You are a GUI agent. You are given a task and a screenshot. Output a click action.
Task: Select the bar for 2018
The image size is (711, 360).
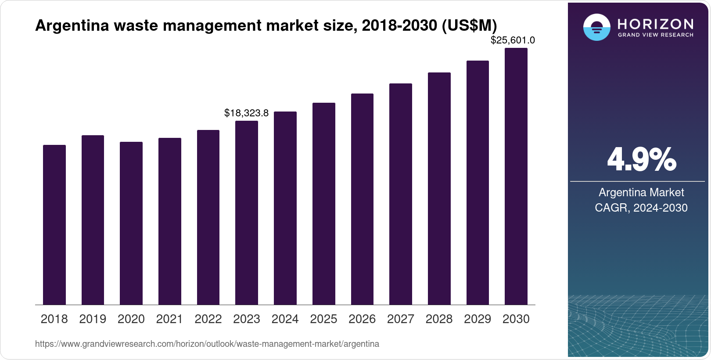pos(54,225)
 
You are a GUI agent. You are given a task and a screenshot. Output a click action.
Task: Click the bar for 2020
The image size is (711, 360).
pos(131,223)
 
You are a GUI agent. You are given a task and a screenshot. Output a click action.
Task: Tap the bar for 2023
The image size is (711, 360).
pos(247,212)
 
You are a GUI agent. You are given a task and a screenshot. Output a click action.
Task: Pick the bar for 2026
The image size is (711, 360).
pos(362,199)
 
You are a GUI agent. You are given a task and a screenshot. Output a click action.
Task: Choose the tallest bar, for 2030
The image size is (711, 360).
pos(516,176)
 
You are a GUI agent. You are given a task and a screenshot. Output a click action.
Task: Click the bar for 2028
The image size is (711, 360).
pos(439,188)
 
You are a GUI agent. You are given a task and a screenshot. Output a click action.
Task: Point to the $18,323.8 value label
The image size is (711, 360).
pos(246,113)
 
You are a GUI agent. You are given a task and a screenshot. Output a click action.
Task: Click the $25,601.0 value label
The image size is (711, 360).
pos(513,40)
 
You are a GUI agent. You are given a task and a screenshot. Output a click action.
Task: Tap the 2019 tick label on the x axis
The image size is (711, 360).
pos(93,319)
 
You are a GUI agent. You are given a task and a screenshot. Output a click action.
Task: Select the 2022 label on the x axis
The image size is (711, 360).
pos(208,319)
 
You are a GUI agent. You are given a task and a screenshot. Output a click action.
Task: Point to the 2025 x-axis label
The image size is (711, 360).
pos(323,319)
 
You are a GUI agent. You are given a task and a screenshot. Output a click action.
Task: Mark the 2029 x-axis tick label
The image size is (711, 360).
pos(478,319)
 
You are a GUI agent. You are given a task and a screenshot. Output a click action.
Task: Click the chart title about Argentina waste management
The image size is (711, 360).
pos(266,25)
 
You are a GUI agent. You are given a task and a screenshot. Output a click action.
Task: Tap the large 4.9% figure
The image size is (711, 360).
pos(641,159)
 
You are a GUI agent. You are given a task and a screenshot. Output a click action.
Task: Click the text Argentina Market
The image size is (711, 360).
pos(641,192)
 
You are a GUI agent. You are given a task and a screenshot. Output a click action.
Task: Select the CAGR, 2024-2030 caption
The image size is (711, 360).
pos(641,208)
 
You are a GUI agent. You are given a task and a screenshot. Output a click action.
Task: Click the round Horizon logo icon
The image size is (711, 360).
pos(596,27)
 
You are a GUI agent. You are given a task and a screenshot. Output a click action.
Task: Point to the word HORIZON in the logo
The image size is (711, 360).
pos(655,24)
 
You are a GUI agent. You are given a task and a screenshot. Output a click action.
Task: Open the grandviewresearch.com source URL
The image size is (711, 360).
pos(207,344)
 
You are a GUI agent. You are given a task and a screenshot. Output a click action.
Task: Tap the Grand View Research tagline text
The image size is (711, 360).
pos(655,35)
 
